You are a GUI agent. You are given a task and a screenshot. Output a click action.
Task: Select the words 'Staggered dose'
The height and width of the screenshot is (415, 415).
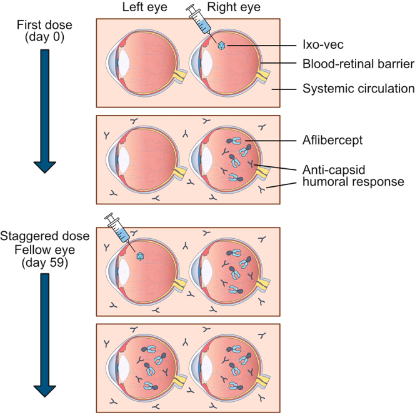click(x=45, y=236)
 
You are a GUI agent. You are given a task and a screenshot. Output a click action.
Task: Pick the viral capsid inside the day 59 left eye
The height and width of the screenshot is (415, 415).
click(x=140, y=256)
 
